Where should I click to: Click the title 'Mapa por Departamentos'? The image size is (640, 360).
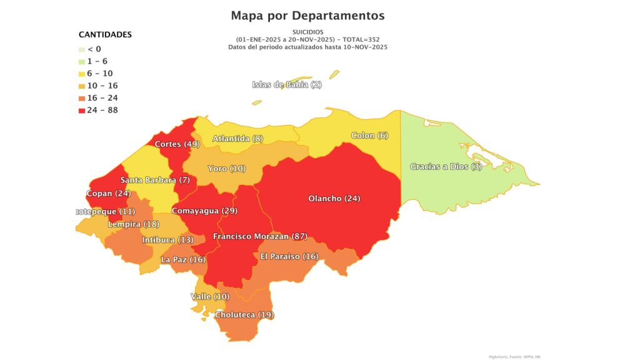307,15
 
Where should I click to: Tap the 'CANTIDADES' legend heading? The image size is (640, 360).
105,34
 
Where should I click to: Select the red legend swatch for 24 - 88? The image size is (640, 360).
82,111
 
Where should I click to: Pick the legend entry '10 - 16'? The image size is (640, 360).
102,86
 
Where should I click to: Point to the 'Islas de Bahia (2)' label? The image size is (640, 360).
287,84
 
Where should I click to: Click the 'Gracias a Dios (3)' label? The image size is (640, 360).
446,166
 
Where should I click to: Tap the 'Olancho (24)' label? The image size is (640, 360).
334,199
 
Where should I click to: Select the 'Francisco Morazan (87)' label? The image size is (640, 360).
259,236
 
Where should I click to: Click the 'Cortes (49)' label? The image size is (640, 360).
177,144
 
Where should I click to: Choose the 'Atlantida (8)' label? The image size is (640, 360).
237,138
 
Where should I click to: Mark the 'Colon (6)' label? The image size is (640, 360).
370,136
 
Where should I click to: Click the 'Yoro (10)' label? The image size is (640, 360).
227,169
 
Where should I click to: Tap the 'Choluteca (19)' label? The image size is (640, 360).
244,314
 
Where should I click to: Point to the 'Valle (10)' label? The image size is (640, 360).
210,296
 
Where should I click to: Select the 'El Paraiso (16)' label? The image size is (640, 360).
289,256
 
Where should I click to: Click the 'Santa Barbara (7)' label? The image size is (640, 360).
155,180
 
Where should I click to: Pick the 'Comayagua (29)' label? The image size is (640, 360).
204,211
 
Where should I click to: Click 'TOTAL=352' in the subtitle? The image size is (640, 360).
362,39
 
